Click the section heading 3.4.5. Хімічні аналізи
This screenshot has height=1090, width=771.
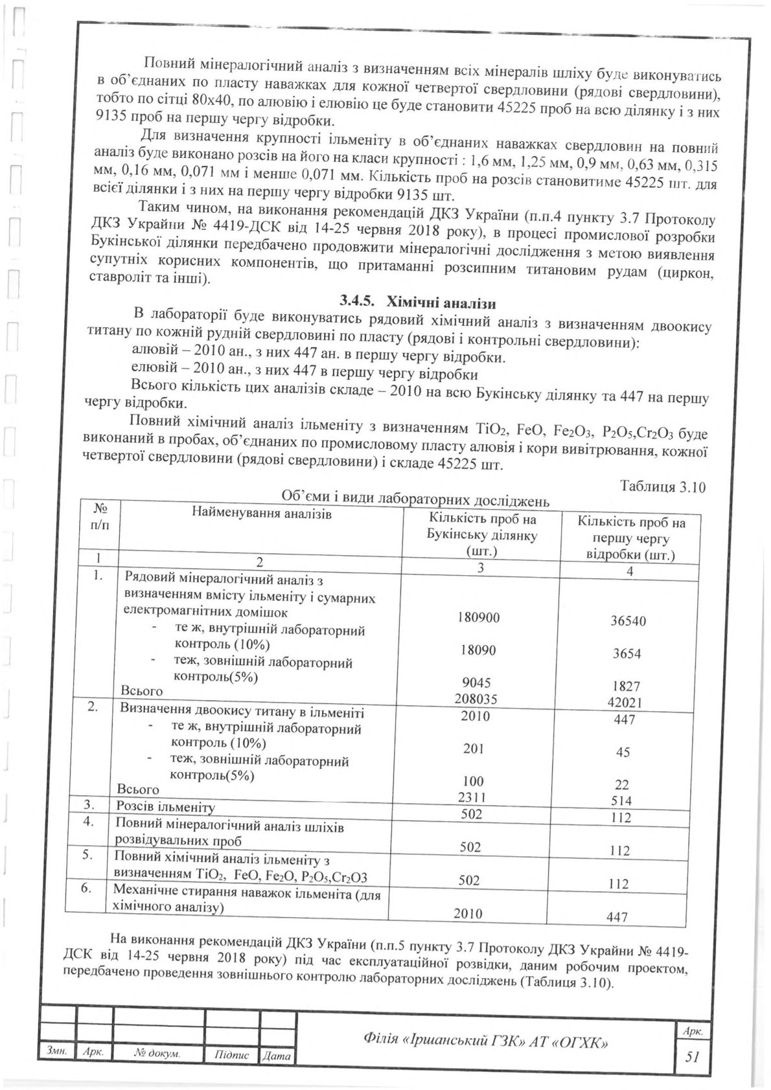coord(418,301)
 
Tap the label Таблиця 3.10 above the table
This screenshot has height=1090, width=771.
coord(662,487)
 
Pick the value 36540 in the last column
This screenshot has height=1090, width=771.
coord(628,621)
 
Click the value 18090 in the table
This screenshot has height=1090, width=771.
coord(478,650)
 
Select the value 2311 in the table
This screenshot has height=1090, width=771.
coord(472,797)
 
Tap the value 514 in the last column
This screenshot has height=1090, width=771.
coord(622,800)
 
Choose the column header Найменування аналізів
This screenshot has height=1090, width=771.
coord(261,514)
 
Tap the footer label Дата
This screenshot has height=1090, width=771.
coord(277,1056)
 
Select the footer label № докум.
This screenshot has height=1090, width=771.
coord(157,1054)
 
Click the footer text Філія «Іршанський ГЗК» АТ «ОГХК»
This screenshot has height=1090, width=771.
coord(486,1041)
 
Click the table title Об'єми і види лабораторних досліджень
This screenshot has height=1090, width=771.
coord(415,500)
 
